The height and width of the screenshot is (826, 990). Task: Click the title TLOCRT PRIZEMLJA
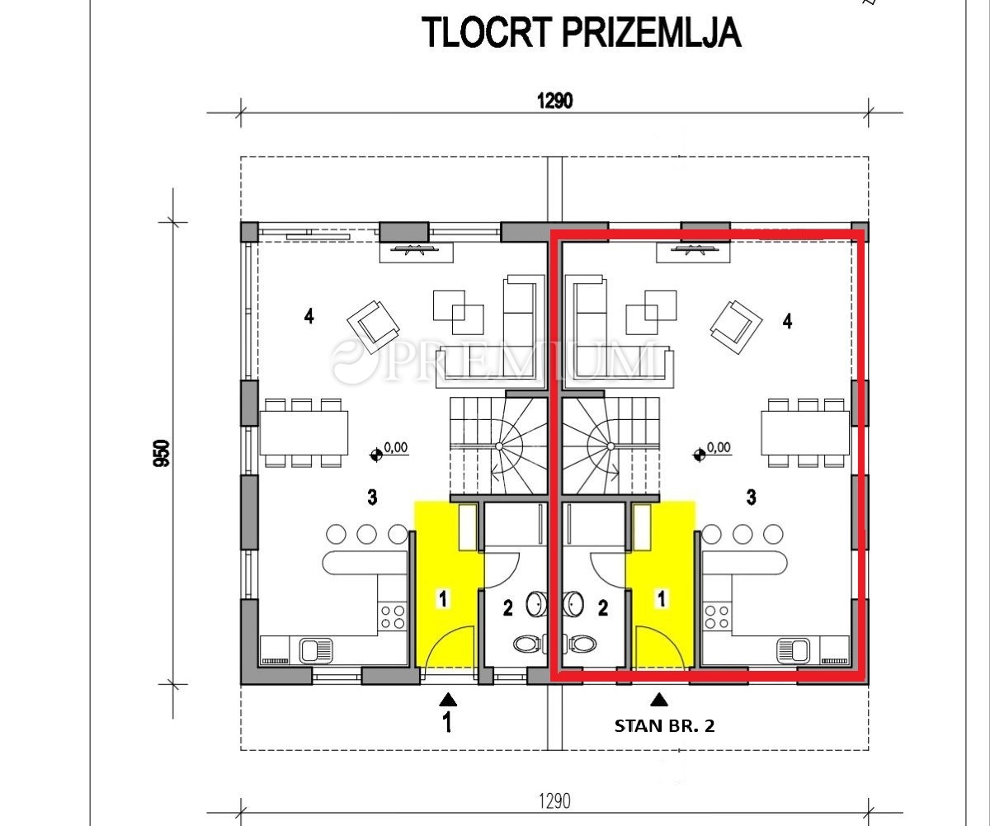click(x=582, y=32)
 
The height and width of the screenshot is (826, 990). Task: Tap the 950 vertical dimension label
click(x=163, y=453)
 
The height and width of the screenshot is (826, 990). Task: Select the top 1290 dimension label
click(x=554, y=101)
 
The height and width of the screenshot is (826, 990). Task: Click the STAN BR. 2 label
click(x=664, y=726)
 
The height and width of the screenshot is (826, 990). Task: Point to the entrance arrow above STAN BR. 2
click(x=658, y=700)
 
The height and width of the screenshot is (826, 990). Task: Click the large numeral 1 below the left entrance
click(x=446, y=722)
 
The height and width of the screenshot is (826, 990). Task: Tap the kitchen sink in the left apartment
click(x=316, y=650)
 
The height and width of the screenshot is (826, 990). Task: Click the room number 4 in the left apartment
click(x=309, y=316)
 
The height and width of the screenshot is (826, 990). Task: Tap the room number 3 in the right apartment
click(x=751, y=497)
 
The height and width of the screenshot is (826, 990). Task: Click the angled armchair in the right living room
click(x=736, y=327)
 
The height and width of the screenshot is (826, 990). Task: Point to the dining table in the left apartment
click(x=304, y=433)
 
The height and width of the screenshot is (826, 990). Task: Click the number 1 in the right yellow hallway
click(x=662, y=599)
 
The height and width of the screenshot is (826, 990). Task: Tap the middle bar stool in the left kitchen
click(x=366, y=534)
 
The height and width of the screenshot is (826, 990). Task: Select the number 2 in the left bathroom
click(x=508, y=608)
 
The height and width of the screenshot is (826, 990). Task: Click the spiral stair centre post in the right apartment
click(x=610, y=446)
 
